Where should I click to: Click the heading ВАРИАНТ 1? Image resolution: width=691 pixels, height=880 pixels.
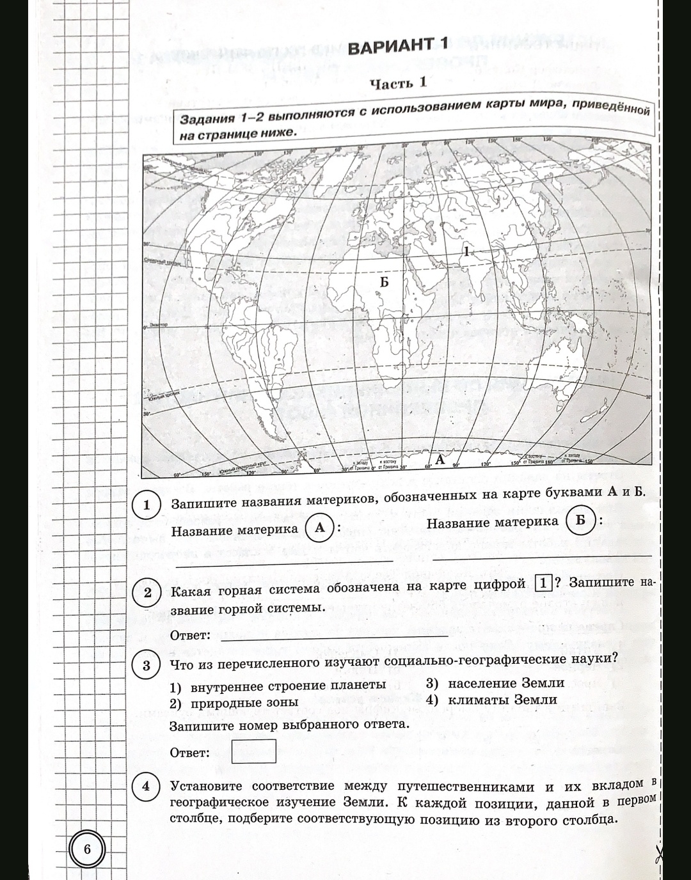click(397, 46)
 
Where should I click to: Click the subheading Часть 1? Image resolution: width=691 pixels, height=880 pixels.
click(399, 83)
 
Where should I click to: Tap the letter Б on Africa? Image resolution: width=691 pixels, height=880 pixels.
click(384, 281)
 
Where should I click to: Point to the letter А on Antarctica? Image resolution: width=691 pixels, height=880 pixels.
click(440, 459)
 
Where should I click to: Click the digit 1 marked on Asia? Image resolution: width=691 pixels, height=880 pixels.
click(467, 251)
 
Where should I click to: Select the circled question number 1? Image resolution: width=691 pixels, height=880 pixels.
click(146, 505)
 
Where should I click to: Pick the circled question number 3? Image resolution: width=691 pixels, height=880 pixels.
click(146, 666)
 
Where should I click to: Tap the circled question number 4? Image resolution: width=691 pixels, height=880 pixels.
click(146, 786)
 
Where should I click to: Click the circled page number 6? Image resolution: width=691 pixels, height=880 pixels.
click(88, 849)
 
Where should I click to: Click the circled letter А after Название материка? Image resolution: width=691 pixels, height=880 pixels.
click(320, 529)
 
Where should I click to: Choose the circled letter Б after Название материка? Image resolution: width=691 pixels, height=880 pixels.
click(580, 520)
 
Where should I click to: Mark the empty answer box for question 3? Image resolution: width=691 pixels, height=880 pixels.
click(253, 751)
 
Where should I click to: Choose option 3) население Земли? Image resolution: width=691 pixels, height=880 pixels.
click(495, 683)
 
